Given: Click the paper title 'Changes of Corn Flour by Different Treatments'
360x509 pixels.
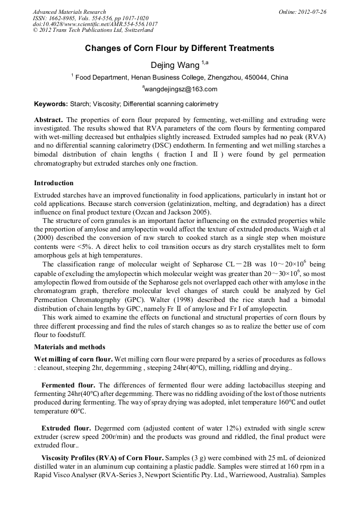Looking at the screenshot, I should [x=179, y=48].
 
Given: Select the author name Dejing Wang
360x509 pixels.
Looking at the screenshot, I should [x=175, y=65].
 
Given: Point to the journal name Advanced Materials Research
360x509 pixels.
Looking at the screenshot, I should [x=69, y=12].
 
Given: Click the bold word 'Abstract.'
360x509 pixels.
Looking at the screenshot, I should [x=48, y=120].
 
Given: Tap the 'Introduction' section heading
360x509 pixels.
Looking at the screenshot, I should [x=54, y=183].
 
